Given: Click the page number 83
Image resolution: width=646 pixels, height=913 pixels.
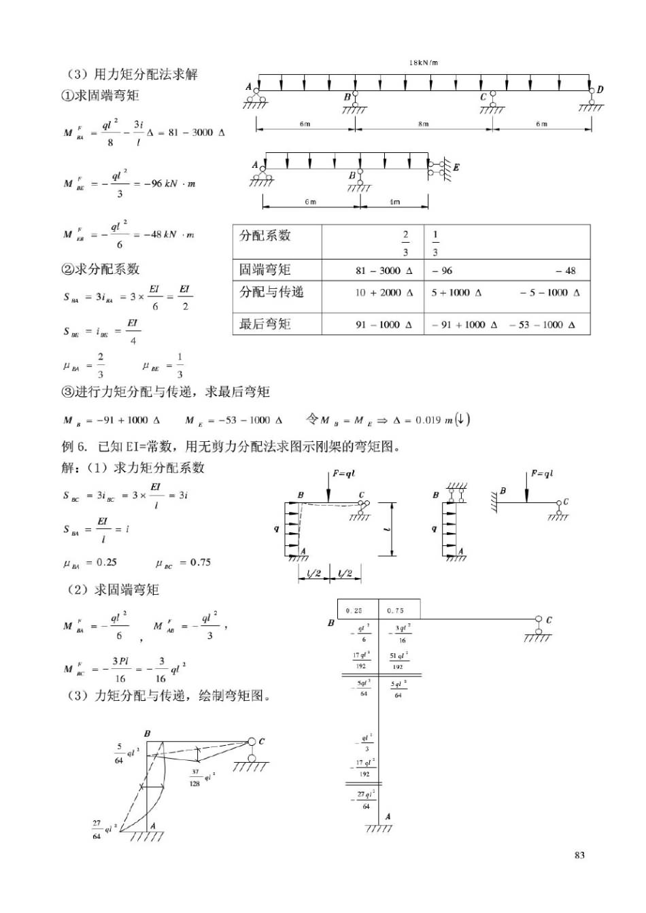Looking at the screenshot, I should [x=579, y=855].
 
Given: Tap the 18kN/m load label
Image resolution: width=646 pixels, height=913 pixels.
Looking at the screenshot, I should [x=423, y=63].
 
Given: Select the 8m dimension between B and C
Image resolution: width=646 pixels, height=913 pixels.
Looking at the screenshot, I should [x=423, y=124].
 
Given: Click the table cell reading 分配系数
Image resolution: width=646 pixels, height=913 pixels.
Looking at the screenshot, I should [x=265, y=236].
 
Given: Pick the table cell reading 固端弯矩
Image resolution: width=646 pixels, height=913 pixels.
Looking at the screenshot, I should [x=265, y=270].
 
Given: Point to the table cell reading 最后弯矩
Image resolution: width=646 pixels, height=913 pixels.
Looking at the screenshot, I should [x=265, y=324].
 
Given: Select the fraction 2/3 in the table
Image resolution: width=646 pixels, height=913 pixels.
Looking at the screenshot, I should [x=405, y=243].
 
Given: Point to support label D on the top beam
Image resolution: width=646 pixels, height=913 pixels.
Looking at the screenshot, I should [x=600, y=89].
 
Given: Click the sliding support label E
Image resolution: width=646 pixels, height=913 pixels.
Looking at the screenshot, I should [x=456, y=167].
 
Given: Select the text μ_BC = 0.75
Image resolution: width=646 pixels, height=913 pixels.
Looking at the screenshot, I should [x=184, y=563].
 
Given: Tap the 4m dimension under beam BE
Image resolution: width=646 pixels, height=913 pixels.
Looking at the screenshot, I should [x=394, y=202].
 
